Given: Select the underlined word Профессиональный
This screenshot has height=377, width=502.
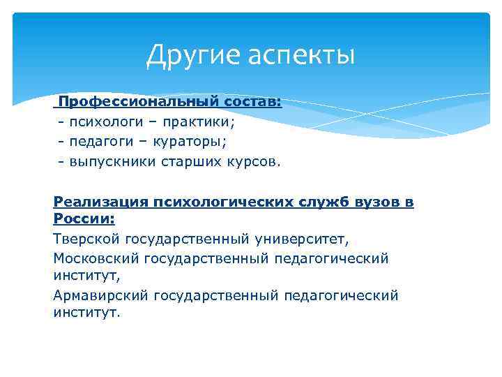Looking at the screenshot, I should (139, 102).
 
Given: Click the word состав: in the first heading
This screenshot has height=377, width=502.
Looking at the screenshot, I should (252, 102).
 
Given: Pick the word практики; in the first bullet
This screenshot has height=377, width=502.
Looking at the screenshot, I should (201, 122).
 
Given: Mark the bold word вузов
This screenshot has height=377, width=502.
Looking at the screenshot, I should (377, 202).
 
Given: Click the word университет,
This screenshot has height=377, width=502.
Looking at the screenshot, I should (301, 239).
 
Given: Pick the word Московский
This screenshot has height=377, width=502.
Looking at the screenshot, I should (96, 258).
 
